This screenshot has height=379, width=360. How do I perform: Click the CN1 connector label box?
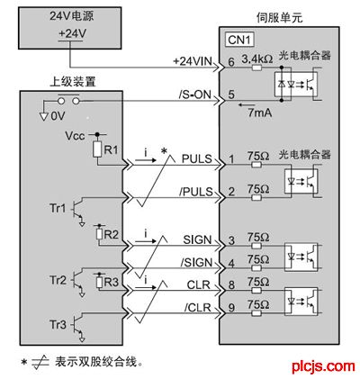(x=240, y=41)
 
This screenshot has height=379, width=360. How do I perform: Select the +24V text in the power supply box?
(x=72, y=33)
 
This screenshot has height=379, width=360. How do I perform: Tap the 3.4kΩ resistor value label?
(x=257, y=59)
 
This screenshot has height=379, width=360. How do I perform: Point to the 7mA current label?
(x=260, y=113)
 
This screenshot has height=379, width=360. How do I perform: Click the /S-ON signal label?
(x=195, y=95)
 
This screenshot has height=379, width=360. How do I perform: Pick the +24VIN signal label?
(x=193, y=61)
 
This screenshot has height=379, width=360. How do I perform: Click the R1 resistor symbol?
(x=97, y=149)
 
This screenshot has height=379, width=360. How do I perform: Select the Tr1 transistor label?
(x=58, y=208)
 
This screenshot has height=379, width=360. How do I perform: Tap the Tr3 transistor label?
(x=58, y=325)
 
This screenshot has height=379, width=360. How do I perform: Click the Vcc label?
(x=75, y=136)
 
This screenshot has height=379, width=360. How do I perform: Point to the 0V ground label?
(x=58, y=116)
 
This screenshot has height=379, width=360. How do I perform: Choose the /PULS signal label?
(x=196, y=192)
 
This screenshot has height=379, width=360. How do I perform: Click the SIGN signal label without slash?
(x=197, y=239)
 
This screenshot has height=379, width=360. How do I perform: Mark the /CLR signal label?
(x=198, y=308)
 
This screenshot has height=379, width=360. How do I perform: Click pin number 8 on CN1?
(x=231, y=284)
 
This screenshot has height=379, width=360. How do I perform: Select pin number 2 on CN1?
(x=231, y=192)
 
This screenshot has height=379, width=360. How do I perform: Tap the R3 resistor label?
(x=111, y=282)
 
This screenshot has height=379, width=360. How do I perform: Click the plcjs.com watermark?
(x=323, y=366)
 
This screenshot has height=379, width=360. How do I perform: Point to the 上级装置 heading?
(x=73, y=82)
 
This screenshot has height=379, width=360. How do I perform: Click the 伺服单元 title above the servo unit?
(x=279, y=18)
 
